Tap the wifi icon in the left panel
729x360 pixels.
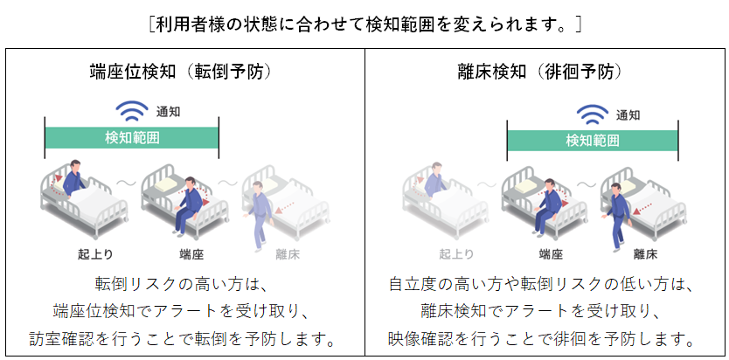(x=134, y=112)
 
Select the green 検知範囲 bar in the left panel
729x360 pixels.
(x=132, y=138)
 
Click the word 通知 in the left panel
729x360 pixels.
(x=169, y=113)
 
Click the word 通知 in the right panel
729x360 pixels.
(x=628, y=114)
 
